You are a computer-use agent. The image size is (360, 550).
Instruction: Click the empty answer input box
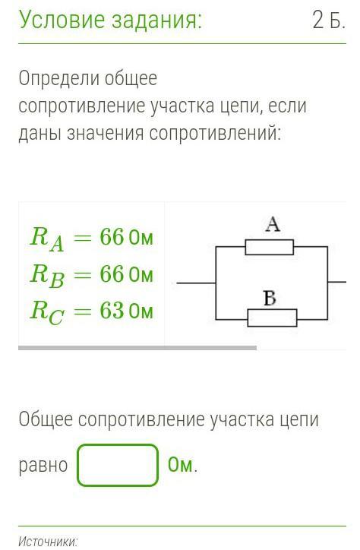(x=118, y=465)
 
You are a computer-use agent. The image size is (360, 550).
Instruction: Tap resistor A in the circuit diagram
(x=269, y=247)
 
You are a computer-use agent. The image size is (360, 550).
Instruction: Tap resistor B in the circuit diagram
(x=272, y=318)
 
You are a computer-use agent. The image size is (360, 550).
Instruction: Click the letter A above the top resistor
(x=273, y=225)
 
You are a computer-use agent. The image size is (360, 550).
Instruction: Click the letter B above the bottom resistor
(x=270, y=298)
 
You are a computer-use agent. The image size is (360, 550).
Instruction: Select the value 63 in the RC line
(x=112, y=311)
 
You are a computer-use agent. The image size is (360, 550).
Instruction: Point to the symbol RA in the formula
(x=47, y=239)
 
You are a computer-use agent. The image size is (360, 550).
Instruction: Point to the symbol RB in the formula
(x=47, y=276)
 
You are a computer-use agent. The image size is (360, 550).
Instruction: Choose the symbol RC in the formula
(x=47, y=313)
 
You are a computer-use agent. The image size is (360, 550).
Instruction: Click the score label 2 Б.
(x=328, y=21)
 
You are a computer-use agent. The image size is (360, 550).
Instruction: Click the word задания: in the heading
(x=156, y=21)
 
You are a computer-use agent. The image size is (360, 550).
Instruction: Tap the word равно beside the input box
(x=43, y=466)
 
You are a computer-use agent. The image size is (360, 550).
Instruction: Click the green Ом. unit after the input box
(x=182, y=465)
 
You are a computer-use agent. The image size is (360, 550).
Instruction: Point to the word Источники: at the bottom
(x=48, y=542)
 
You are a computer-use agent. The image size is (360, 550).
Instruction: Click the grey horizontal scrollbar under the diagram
(x=137, y=348)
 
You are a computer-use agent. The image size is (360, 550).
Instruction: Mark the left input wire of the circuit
(x=196, y=283)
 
